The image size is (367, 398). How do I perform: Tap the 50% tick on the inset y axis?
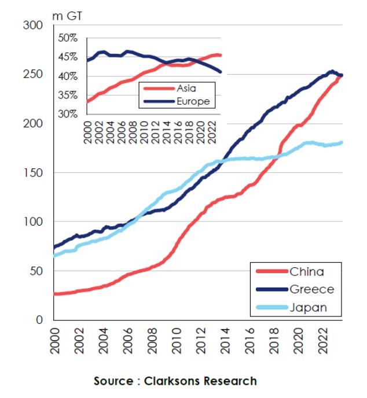point(68,38)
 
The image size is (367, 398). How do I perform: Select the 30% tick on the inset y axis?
point(68,114)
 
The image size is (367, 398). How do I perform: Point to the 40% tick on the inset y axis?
point(68,76)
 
